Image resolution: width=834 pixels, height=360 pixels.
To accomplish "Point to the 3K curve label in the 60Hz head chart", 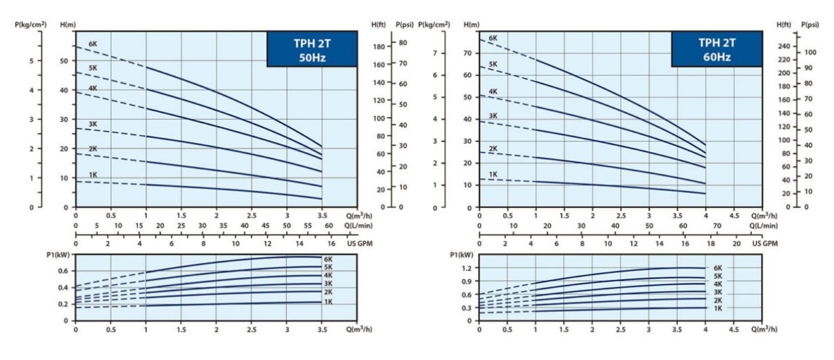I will (493, 116).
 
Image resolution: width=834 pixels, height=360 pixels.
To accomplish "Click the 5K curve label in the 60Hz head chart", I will (493, 64).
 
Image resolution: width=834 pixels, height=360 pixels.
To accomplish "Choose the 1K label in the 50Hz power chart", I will (328, 302).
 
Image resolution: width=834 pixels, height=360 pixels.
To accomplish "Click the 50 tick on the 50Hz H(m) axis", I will (64, 61).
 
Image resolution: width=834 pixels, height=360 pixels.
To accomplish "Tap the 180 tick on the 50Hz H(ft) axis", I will (379, 47).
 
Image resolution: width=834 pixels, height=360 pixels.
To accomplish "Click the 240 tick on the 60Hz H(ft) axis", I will (783, 46).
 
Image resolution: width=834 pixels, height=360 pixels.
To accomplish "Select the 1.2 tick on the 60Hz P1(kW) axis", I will (467, 268).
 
